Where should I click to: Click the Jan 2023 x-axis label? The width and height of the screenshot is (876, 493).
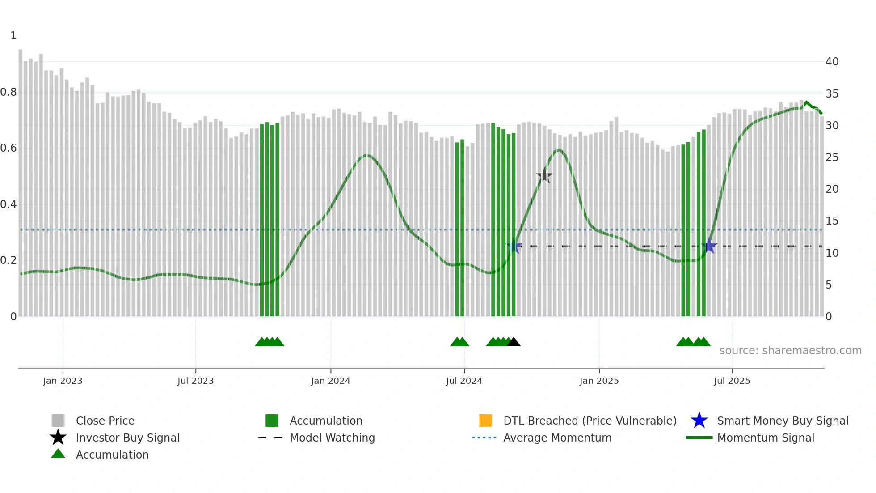(63, 381)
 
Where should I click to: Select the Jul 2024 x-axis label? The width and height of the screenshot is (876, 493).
(464, 381)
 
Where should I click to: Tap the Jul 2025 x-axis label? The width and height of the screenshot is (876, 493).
(732, 381)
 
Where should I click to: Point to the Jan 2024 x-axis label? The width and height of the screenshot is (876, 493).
(330, 381)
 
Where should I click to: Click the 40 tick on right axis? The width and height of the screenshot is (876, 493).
(832, 62)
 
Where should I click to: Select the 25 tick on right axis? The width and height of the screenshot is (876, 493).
(832, 157)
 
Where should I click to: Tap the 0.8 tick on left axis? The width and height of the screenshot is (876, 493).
(8, 92)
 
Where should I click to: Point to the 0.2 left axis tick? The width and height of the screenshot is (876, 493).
(8, 260)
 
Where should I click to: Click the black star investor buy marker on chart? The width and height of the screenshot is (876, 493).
(544, 176)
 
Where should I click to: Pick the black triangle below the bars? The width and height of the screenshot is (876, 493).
(514, 342)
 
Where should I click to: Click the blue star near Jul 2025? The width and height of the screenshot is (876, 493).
(709, 246)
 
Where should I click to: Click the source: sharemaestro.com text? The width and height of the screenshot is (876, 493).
(790, 351)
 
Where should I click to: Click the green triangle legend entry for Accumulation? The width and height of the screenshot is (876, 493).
(112, 455)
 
